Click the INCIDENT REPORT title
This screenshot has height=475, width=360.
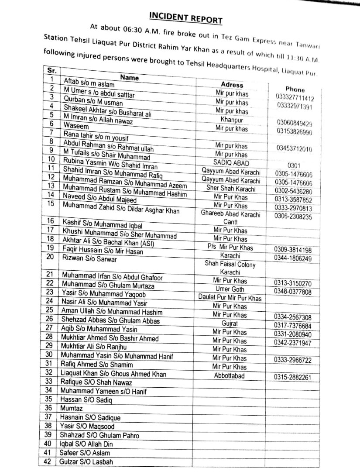click(x=185, y=17)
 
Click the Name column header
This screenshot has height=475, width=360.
click(x=129, y=78)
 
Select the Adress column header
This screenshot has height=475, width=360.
click(x=232, y=85)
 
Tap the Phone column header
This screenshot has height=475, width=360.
click(x=295, y=89)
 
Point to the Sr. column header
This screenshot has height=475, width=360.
click(x=51, y=71)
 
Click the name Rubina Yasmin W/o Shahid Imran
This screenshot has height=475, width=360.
click(x=110, y=166)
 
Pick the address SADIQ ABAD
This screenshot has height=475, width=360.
click(x=231, y=163)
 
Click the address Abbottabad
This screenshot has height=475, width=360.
click(x=230, y=375)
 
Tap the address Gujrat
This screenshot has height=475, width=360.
click(x=230, y=324)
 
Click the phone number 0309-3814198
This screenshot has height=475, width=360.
click(x=293, y=250)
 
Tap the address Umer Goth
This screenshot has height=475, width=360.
click(x=230, y=289)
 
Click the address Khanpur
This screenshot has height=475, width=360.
click(x=232, y=120)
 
